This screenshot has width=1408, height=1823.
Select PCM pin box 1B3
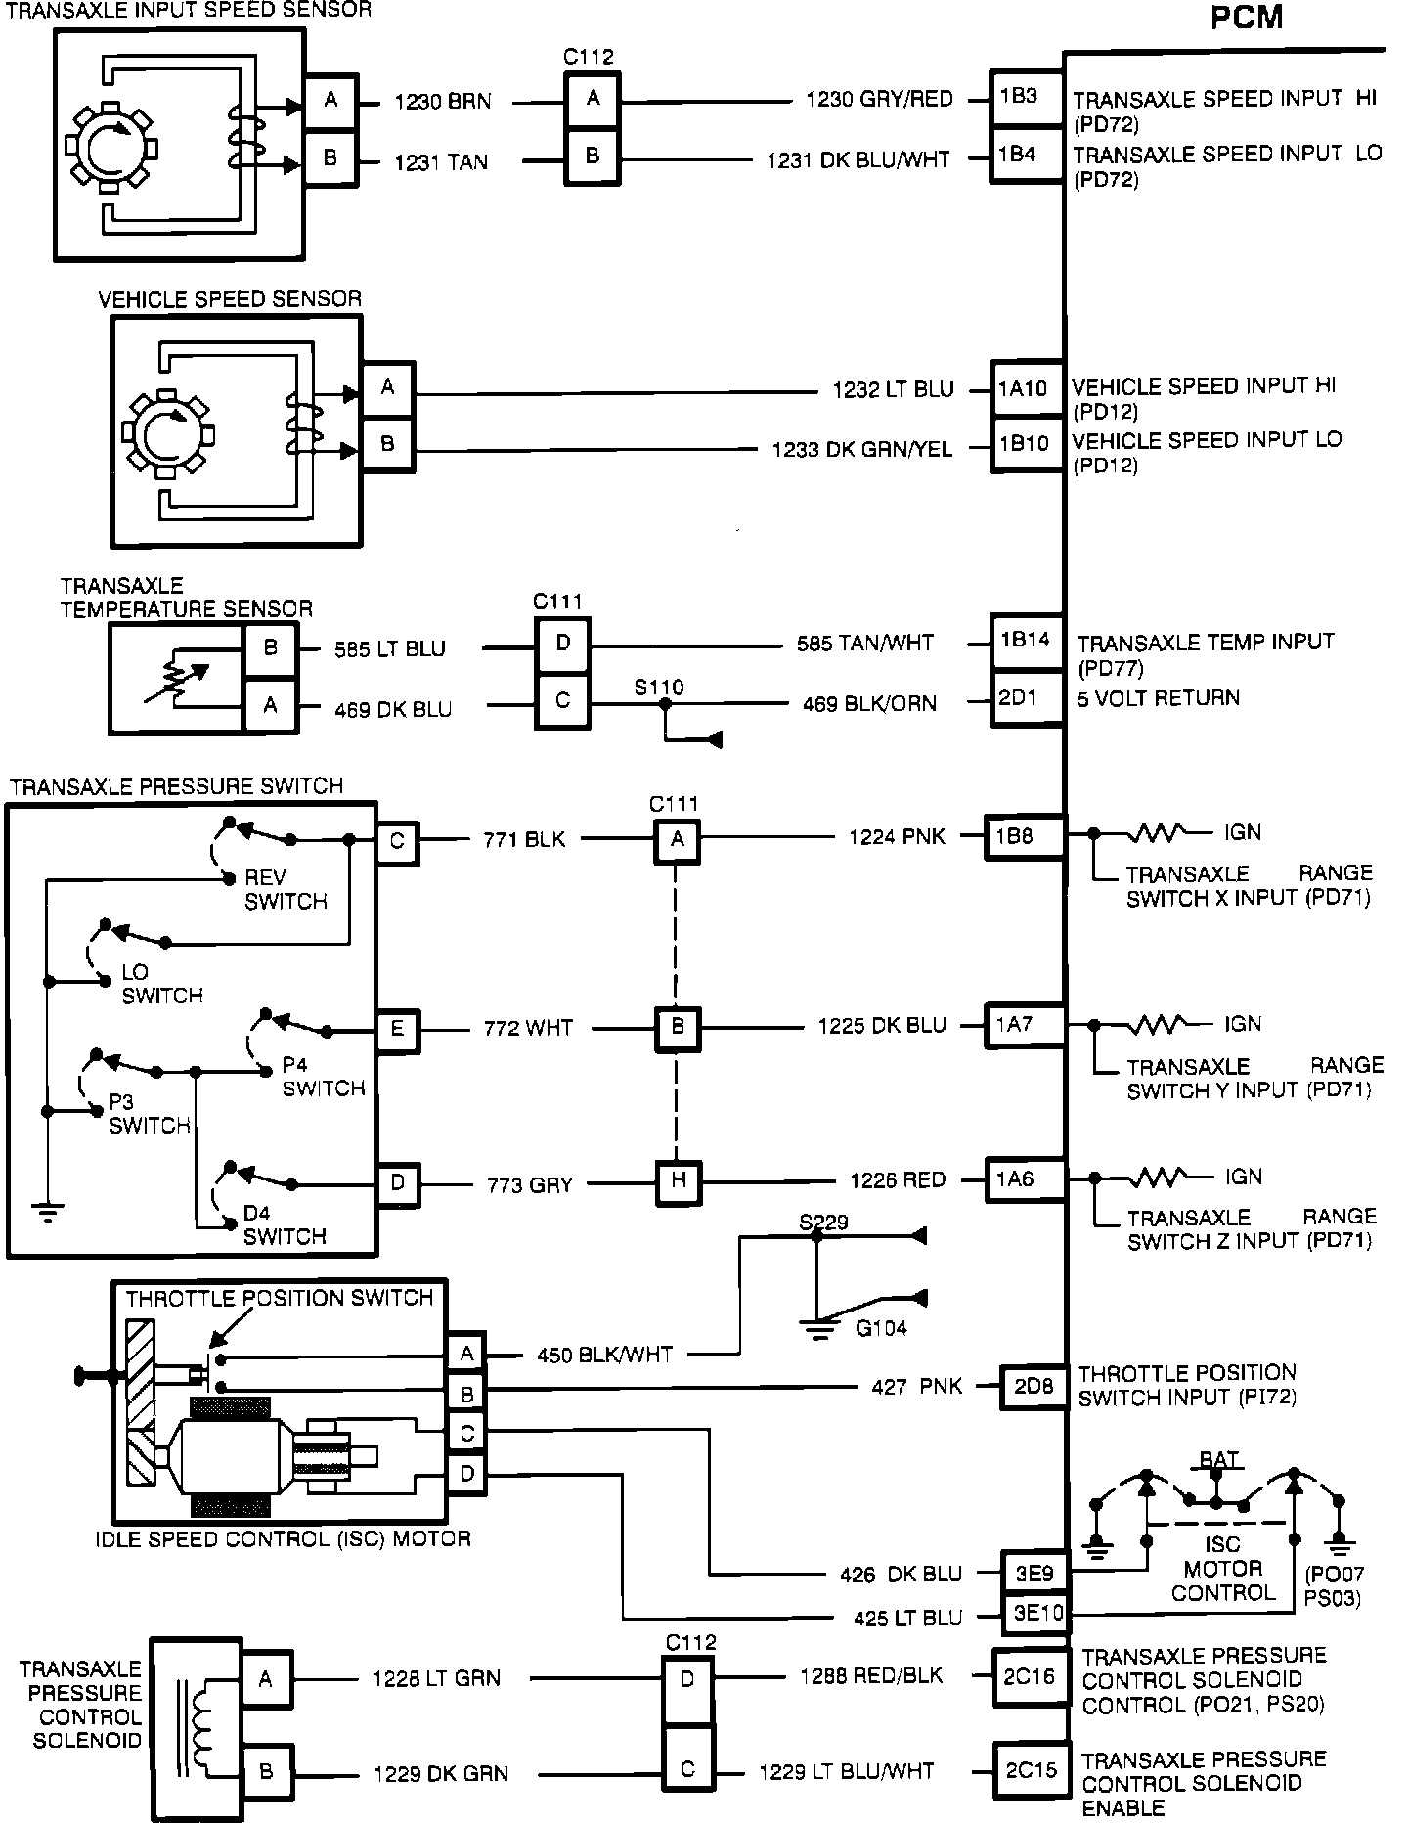click(1026, 98)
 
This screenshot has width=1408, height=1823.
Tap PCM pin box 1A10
click(1026, 390)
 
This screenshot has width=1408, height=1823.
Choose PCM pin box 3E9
click(1034, 1574)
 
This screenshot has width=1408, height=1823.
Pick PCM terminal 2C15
click(1031, 1771)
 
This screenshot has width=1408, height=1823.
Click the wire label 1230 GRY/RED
click(878, 99)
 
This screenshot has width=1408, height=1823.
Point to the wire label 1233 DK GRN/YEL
click(861, 450)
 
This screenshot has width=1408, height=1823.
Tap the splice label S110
click(659, 688)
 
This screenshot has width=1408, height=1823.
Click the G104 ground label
click(881, 1327)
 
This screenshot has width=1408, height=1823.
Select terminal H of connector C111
click(678, 1180)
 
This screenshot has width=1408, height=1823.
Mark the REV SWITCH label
click(286, 889)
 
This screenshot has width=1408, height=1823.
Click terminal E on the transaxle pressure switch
click(397, 1029)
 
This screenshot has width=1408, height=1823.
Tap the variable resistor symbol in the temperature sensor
click(176, 678)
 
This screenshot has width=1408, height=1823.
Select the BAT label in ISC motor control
click(1219, 1460)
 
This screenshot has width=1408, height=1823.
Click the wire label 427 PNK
click(916, 1387)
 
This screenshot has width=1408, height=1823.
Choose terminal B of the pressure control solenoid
click(265, 1771)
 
